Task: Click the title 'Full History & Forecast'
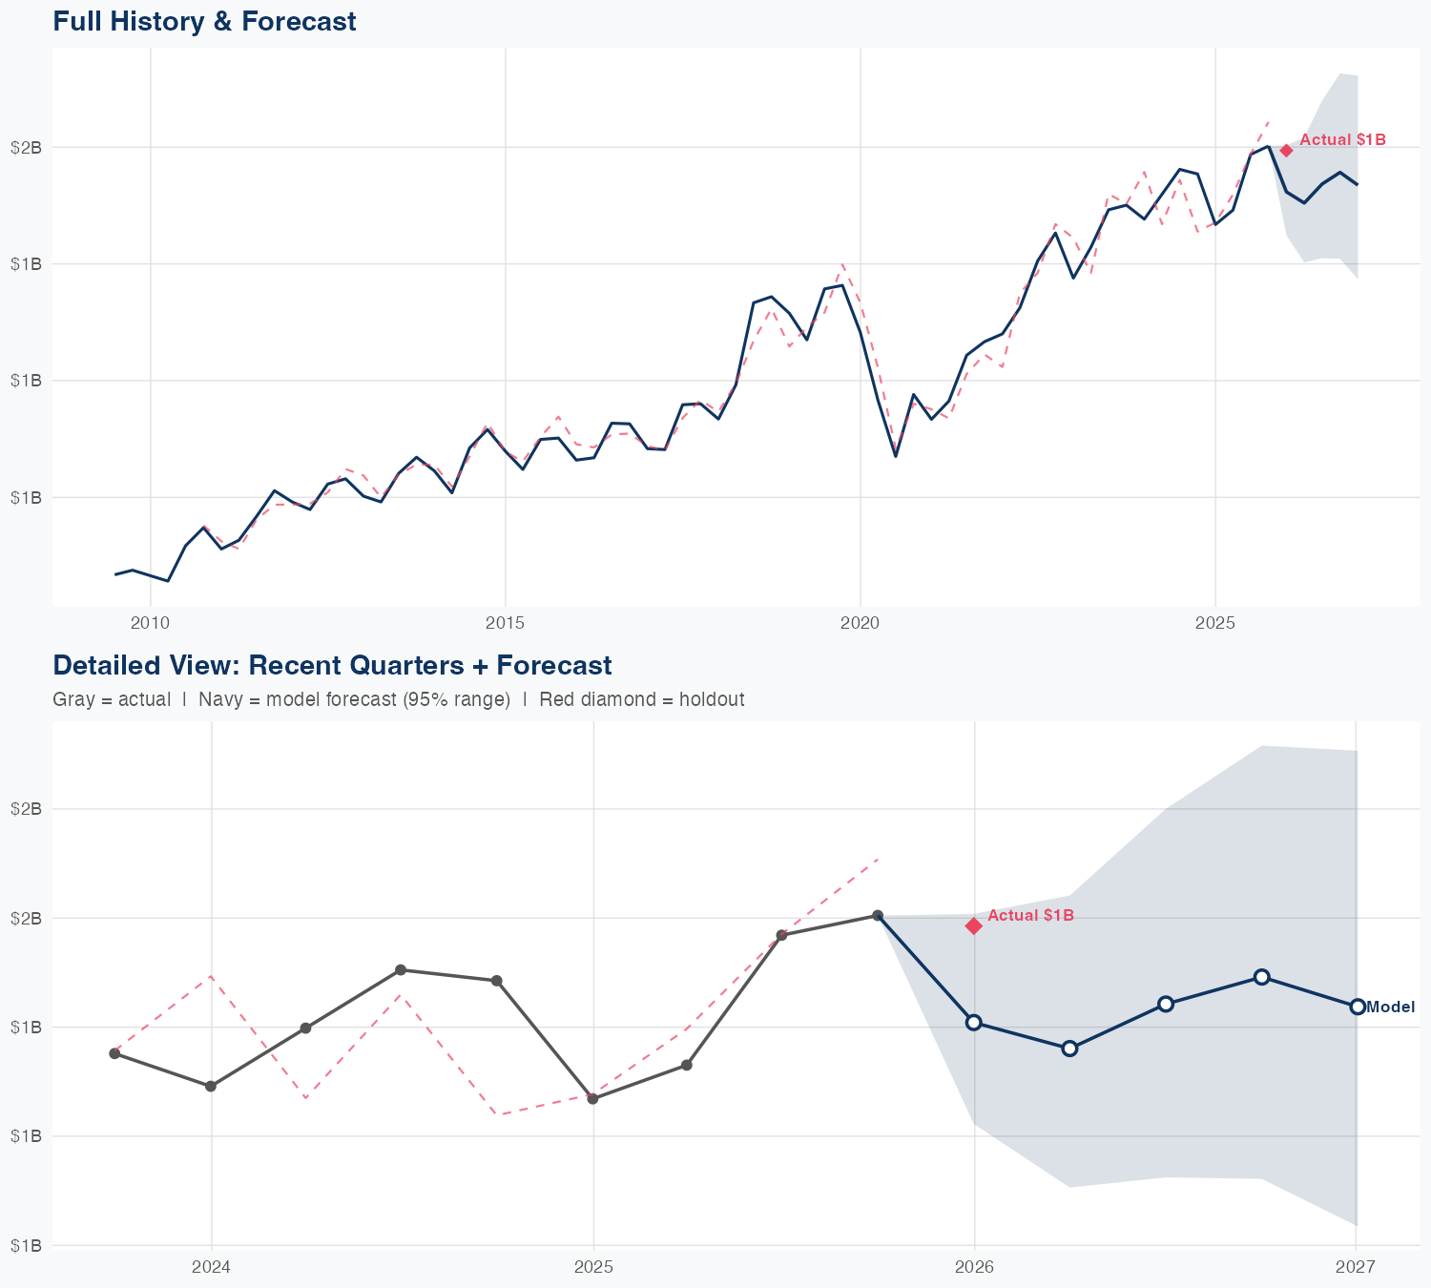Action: [204, 21]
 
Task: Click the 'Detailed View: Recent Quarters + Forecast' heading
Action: [332, 665]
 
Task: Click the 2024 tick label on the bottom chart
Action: [211, 1267]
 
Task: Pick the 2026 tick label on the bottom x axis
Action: [974, 1267]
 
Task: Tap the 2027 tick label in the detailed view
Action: [1355, 1267]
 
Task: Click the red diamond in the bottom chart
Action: [974, 925]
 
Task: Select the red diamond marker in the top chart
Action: [1286, 150]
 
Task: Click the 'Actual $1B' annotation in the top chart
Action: [1342, 140]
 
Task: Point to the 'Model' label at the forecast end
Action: [1391, 1007]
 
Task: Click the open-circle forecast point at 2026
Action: [974, 1023]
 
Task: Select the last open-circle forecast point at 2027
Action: [1357, 1007]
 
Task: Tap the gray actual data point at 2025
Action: [592, 1099]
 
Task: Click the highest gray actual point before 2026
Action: [878, 916]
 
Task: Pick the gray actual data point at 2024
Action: [211, 1087]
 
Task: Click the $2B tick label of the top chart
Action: [26, 147]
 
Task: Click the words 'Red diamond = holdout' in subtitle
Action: [641, 699]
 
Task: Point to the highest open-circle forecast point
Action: [1261, 977]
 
